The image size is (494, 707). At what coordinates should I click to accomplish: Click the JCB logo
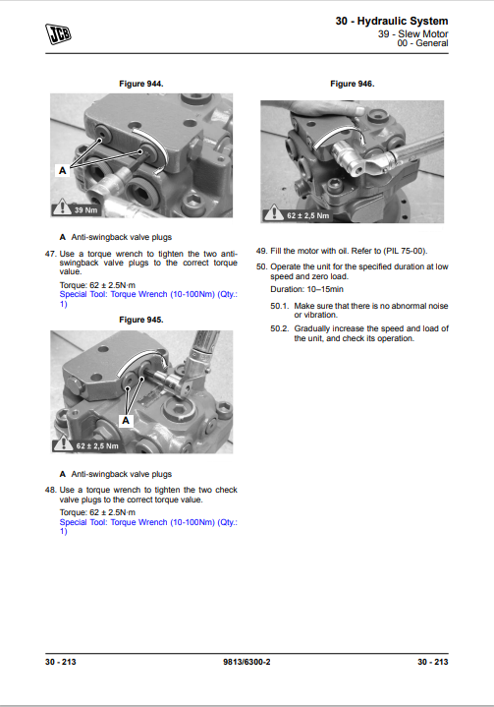[58, 34]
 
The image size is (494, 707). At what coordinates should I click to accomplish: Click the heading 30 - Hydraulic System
[392, 21]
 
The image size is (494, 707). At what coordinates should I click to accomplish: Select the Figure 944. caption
[141, 84]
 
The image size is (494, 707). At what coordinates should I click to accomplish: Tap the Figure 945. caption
[141, 320]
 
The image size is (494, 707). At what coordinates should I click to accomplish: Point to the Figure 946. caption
[353, 84]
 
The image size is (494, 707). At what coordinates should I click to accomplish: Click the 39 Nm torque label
[85, 210]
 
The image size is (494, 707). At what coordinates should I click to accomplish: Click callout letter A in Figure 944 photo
[63, 170]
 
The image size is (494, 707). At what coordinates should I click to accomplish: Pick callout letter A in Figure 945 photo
[126, 421]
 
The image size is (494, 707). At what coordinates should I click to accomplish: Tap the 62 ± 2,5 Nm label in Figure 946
[307, 216]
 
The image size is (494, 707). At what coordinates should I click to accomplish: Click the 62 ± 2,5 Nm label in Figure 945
[97, 446]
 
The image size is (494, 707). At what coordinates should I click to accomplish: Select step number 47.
[50, 254]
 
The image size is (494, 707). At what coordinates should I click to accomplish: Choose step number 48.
[50, 490]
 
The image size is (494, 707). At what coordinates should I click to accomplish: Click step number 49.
[261, 251]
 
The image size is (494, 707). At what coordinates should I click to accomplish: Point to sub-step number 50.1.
[279, 306]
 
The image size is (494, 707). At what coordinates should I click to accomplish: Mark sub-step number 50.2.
[279, 328]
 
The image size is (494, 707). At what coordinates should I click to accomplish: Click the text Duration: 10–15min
[306, 289]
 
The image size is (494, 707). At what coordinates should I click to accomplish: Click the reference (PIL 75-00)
[406, 251]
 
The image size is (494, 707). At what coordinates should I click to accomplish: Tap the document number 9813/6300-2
[247, 662]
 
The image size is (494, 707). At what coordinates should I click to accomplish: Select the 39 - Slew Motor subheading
[412, 33]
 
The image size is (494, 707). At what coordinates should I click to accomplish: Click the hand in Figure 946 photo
[327, 109]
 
